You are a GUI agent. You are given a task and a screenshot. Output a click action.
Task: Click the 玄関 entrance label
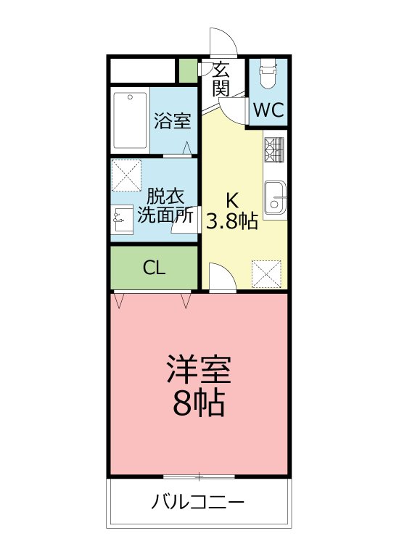click(x=222, y=80)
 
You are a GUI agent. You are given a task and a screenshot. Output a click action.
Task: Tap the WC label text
click(x=268, y=111)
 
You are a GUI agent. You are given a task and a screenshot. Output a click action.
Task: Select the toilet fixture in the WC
click(x=268, y=75)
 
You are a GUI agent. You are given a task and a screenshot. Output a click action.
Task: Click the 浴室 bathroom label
click(x=173, y=120)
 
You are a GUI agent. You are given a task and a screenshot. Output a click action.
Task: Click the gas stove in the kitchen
click(x=274, y=150)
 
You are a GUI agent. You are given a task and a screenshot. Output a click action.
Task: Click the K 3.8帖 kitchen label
click(x=232, y=212)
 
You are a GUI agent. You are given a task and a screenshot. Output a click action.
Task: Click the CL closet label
click(x=154, y=268)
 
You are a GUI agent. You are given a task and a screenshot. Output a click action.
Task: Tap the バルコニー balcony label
click(x=198, y=502)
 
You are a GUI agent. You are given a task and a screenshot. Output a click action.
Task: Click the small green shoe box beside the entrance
click(x=187, y=71)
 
